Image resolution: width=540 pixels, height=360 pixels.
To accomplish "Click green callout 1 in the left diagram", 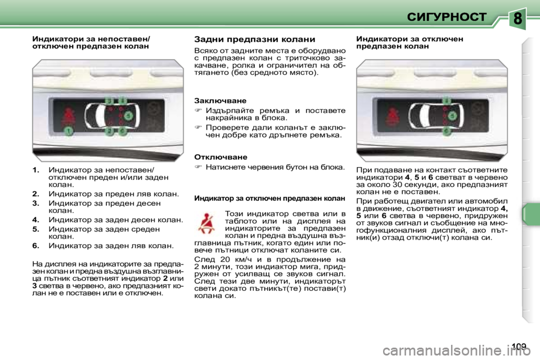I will (68, 131).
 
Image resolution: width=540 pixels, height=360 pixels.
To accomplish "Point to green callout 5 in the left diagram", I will (128, 116).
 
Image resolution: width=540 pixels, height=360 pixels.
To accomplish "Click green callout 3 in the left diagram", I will (110, 101).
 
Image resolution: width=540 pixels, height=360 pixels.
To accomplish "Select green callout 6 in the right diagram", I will (445, 131).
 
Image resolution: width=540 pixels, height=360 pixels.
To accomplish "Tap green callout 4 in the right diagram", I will (445, 101).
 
